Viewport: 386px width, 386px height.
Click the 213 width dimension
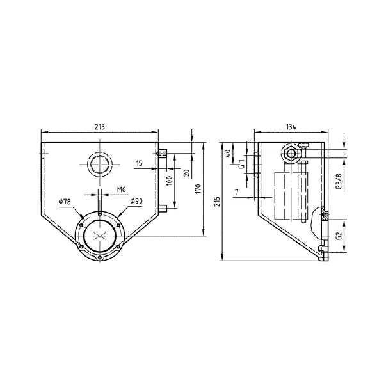100,127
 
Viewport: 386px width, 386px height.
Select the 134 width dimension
291,127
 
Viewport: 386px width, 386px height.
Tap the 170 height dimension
198,189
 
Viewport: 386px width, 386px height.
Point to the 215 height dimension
217,202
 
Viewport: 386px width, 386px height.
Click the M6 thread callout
122,189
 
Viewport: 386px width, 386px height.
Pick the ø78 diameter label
65,202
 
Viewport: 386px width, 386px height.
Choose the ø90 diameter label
136,201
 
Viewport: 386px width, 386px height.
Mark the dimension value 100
170,181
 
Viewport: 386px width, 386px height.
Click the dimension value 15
139,163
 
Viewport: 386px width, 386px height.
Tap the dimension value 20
187,173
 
